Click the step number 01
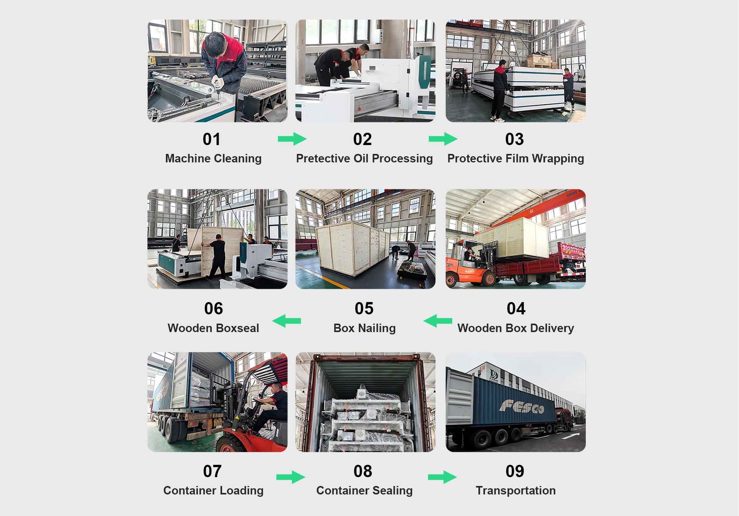pos(211,139)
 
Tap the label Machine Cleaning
pos(213,159)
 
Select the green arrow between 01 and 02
pos(292,139)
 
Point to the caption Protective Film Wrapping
pos(515,159)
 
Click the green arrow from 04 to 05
pos(438,321)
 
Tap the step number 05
pos(364,309)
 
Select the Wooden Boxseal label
pos(213,328)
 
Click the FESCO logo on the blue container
pos(521,406)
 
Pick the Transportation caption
pos(515,491)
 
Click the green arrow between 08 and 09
pos(442,477)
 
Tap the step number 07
pos(212,471)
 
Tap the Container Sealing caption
pos(364,491)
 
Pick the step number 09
pos(515,471)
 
